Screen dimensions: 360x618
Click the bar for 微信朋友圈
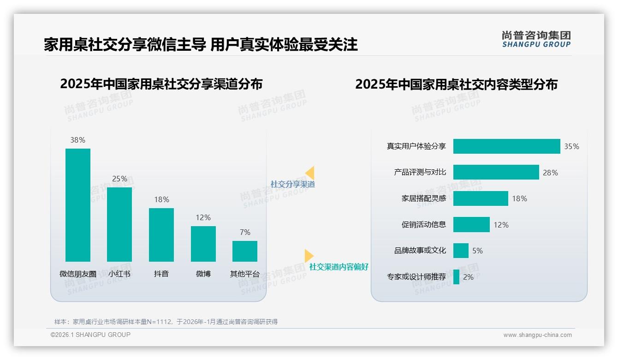[77, 205]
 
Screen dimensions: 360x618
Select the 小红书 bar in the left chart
[119, 224]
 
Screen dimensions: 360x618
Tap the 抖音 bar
[161, 234]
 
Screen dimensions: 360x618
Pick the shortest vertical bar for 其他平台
[245, 251]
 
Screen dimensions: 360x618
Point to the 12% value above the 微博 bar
[203, 217]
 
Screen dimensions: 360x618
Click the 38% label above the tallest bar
[77, 140]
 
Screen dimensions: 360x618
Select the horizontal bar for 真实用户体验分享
[506, 146]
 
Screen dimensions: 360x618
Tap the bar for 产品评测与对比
[496, 172]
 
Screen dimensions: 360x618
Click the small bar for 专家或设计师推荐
[456, 277]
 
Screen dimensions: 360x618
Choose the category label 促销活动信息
[423, 225]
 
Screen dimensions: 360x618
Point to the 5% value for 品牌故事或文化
[477, 251]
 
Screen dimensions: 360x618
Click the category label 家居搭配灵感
[423, 198]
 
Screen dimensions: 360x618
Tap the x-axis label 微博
[203, 274]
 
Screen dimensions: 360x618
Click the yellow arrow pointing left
[310, 173]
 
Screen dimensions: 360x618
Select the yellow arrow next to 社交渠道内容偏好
[309, 256]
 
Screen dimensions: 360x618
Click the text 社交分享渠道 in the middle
[292, 184]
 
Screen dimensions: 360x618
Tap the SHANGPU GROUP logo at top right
[536, 39]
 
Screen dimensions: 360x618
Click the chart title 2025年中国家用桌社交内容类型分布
[456, 84]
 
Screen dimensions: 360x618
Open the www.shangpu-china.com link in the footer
[537, 335]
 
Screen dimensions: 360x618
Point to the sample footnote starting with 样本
[166, 322]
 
